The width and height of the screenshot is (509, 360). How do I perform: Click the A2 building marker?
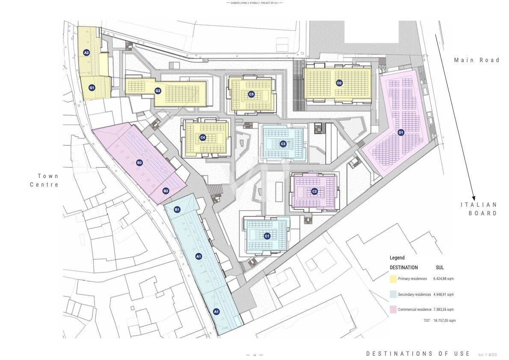86,53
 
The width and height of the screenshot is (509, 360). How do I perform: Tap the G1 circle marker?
92,88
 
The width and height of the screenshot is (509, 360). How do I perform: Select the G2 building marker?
158,91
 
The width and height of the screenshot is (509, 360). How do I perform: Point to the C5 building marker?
252,94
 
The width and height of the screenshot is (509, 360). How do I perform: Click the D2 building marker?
339,83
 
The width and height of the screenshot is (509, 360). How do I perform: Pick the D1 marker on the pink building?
401,132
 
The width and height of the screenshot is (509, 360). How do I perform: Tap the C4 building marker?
203,137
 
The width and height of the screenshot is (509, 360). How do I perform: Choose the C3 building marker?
283,144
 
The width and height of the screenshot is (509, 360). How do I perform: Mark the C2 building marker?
314,191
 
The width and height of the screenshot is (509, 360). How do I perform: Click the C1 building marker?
267,236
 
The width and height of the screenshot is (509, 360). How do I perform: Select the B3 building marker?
139,163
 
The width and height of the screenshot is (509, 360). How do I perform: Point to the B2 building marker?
166,191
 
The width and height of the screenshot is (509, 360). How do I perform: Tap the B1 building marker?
177,209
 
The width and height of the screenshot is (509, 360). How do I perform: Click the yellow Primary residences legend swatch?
393,279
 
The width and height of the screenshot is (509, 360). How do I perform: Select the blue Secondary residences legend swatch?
393,295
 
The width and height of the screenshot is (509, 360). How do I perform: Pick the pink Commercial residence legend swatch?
393,309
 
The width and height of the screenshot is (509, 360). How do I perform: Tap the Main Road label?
476,60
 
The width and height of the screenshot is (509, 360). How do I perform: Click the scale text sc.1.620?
488,354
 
